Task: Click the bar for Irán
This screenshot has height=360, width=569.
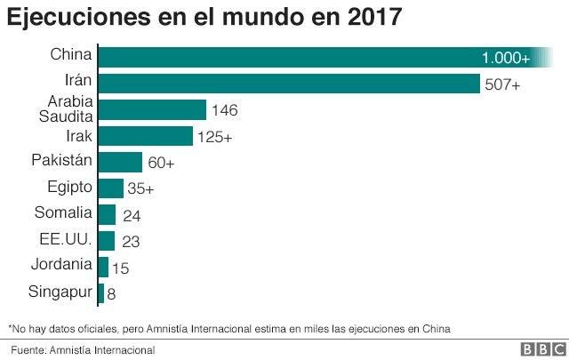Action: tap(289, 84)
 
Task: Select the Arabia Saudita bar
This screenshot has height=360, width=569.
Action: tap(152, 110)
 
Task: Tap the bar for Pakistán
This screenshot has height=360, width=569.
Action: tap(121, 162)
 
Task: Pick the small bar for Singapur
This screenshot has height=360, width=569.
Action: tap(101, 293)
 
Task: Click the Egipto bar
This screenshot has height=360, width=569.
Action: tap(111, 188)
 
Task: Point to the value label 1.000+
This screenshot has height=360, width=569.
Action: tap(506, 58)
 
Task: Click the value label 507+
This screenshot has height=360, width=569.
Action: tap(502, 84)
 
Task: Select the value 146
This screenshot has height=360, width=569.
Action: tap(225, 110)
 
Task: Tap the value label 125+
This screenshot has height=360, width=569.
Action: tap(215, 137)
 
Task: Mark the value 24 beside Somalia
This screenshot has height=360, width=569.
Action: tap(132, 216)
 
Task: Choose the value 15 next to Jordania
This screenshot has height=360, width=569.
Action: tap(121, 268)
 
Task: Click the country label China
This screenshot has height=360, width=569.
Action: tap(71, 54)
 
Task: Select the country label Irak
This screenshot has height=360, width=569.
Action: tap(79, 136)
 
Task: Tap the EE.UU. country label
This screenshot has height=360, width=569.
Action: tap(66, 239)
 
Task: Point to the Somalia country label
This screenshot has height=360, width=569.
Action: tap(63, 212)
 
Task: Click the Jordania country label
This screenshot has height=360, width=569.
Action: tap(61, 264)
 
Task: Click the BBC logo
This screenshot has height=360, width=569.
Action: tap(543, 349)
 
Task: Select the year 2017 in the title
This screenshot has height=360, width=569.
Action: tap(374, 16)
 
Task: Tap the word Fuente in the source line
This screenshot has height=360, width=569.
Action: tap(28, 350)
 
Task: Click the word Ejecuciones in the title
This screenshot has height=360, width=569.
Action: tap(79, 17)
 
